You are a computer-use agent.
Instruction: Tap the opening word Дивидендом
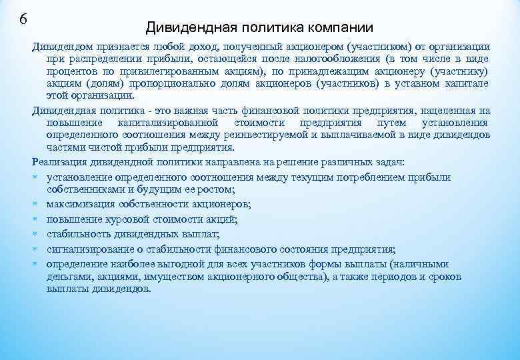tap(62, 47)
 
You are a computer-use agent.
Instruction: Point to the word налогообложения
tap(354, 59)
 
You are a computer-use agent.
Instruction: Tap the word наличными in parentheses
tap(425, 264)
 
